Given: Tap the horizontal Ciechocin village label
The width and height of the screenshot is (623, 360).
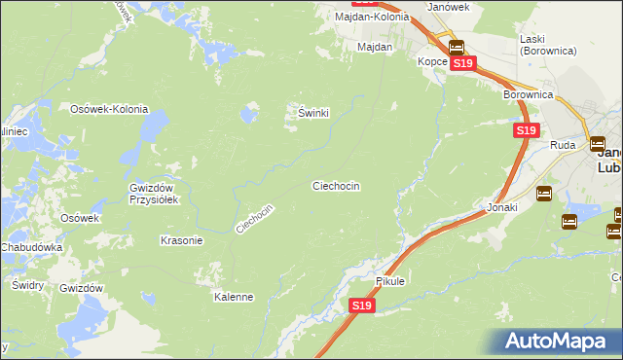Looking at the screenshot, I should click(336, 185).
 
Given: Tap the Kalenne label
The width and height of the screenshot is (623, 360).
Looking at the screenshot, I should click(234, 297).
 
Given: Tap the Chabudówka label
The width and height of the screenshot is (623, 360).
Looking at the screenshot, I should click(31, 247).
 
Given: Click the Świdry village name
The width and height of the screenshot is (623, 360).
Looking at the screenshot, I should click(26, 285).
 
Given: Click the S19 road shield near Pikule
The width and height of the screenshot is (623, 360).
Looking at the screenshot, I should click(361, 306).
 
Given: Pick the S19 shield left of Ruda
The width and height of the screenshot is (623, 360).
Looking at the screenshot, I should click(526, 129).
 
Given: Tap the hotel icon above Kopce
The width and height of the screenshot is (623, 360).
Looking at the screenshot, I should click(456, 47).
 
